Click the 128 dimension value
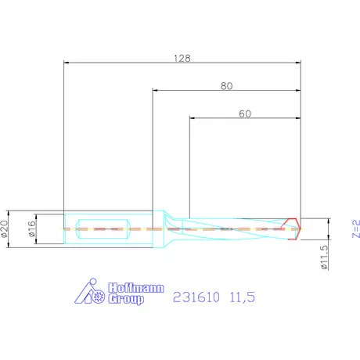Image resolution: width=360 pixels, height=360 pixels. (x=182, y=57)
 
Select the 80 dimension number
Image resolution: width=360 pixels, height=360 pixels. (x=227, y=87)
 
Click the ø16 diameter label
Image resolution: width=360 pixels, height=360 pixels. (x=31, y=227)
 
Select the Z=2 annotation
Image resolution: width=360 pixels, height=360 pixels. (x=355, y=229)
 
